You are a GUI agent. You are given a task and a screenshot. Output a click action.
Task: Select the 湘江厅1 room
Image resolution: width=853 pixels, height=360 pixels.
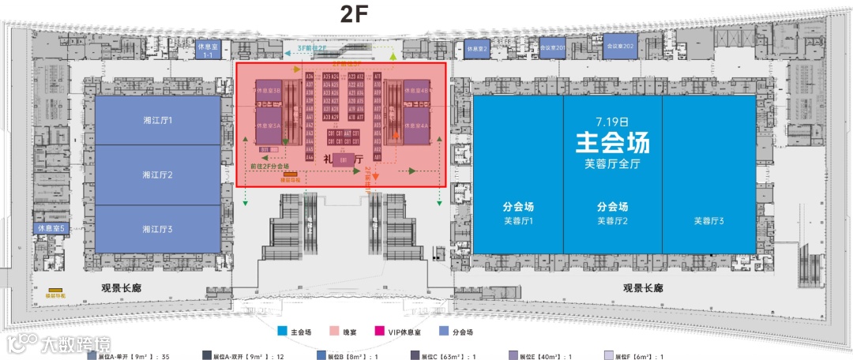[x=157, y=120]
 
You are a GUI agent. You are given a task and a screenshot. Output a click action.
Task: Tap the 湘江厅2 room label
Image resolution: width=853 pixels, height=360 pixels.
[x=157, y=174]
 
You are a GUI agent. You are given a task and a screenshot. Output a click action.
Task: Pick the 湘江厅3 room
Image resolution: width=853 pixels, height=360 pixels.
[x=157, y=229]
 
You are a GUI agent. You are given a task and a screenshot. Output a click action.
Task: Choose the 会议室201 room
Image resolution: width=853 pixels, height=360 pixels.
[x=551, y=48]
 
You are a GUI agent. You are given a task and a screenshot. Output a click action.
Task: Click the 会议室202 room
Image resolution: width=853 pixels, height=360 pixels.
[x=621, y=47]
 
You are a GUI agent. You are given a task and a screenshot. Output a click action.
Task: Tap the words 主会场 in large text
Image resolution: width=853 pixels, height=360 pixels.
[x=612, y=144]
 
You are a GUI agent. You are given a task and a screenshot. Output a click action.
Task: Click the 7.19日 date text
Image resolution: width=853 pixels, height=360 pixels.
[x=612, y=122]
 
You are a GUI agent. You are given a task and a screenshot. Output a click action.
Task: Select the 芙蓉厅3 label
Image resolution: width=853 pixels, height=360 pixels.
[x=709, y=221]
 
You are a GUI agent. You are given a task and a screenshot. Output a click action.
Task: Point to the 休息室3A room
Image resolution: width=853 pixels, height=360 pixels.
[x=269, y=126]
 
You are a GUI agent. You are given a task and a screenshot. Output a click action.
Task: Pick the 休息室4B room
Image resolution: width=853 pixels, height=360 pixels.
[x=416, y=92]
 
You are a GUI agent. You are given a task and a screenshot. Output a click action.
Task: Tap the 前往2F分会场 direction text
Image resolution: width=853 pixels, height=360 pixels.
[x=269, y=167]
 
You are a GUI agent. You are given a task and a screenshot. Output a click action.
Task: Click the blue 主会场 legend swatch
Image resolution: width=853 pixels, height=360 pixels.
[x=282, y=332]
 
